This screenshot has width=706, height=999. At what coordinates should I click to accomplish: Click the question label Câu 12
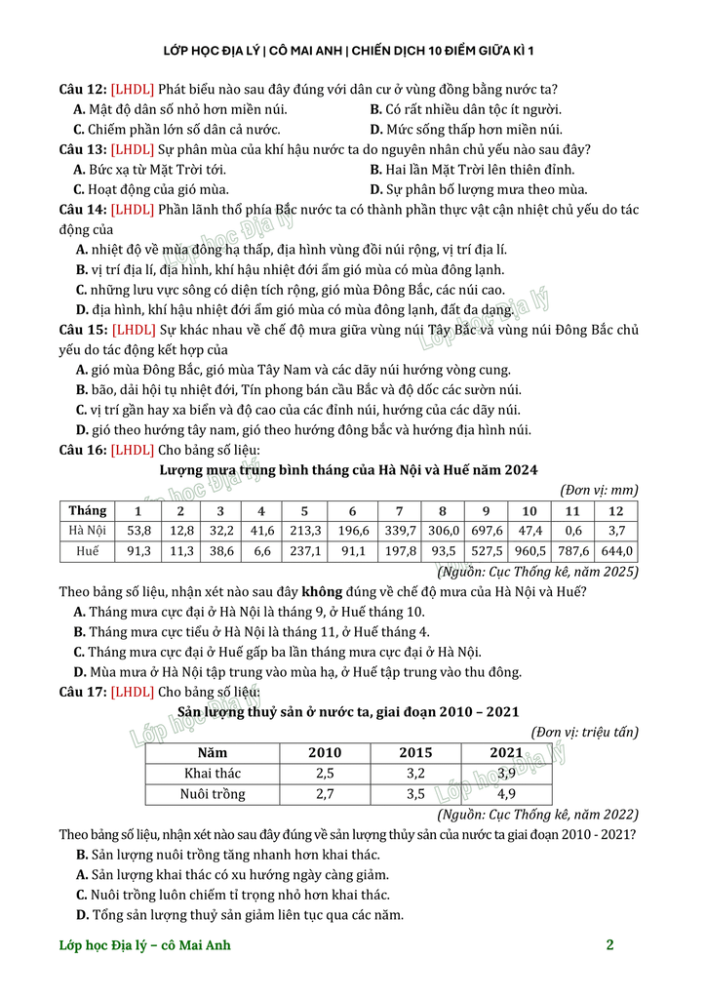tap(82, 90)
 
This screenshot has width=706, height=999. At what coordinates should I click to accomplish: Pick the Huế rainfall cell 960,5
tap(529, 551)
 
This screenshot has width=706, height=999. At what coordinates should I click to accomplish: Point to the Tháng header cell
tap(88, 510)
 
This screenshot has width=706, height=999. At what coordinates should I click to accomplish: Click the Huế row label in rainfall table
tap(88, 551)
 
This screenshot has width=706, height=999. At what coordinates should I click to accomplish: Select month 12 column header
tap(615, 510)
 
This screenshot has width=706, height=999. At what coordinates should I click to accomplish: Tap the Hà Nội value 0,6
tap(573, 531)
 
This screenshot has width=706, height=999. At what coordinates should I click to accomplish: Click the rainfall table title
tap(348, 469)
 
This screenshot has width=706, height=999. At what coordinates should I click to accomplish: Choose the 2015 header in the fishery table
tap(415, 752)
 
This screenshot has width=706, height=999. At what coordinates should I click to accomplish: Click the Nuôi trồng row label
tap(213, 793)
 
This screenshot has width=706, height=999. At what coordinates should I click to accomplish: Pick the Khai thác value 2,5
tap(325, 773)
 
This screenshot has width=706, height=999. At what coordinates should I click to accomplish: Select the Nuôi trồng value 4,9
tap(506, 793)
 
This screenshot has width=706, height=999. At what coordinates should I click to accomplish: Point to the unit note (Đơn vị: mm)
tap(599, 490)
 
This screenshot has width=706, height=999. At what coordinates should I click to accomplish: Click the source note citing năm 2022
tap(537, 814)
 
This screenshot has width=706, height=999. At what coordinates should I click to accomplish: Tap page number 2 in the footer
tap(609, 944)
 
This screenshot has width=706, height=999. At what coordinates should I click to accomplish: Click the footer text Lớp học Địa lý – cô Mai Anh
tap(145, 944)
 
